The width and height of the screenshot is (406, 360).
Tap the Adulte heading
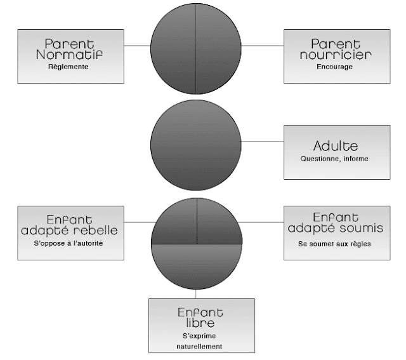(336, 145)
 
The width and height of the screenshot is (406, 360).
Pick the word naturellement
(200, 347)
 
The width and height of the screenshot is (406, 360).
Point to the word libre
(200, 323)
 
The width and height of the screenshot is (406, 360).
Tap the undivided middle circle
(197, 141)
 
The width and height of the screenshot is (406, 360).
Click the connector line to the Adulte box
(263, 141)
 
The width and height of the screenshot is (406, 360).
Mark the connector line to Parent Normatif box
(137, 46)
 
